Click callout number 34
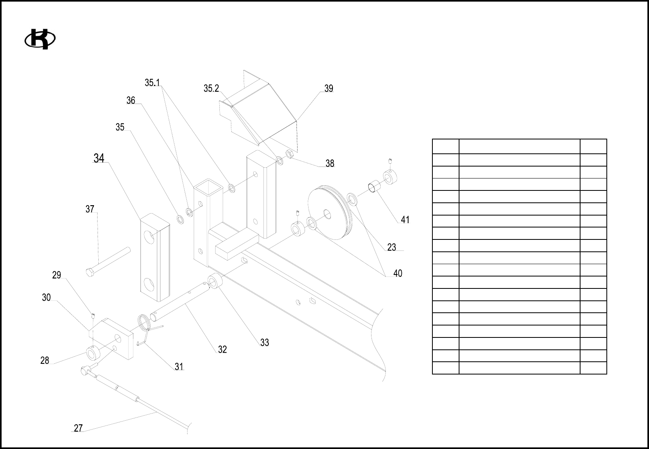(99, 159)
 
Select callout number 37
(90, 209)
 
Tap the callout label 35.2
(211, 89)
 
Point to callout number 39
(328, 89)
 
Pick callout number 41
(405, 220)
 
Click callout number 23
(392, 247)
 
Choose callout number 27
(78, 428)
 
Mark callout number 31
(179, 367)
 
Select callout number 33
(264, 343)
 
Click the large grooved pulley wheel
(330, 213)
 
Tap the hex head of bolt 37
(90, 273)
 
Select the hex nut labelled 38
(290, 153)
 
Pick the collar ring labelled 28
(92, 353)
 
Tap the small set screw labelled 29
(92, 316)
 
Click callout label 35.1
(152, 83)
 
